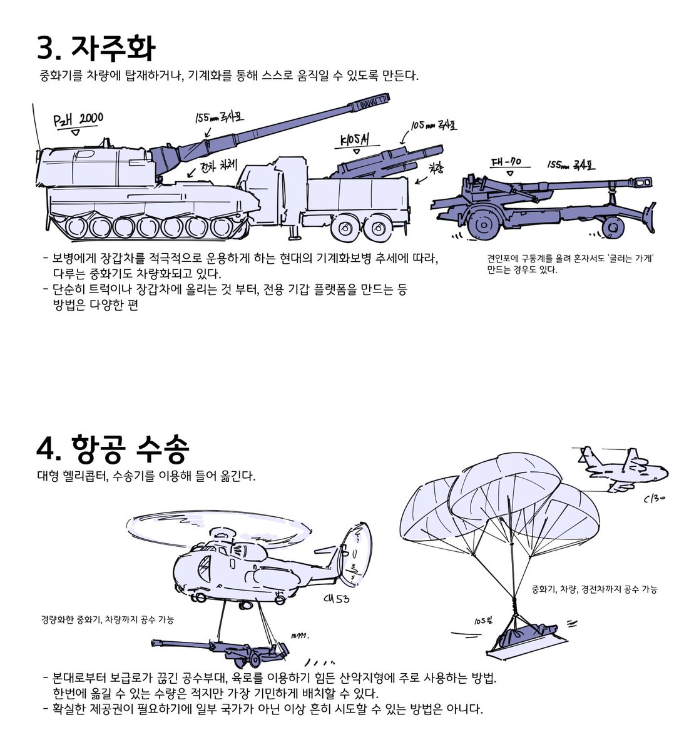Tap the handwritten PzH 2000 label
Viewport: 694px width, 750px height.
tap(78, 119)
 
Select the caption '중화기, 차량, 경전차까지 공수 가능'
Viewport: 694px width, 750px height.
tap(594, 589)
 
